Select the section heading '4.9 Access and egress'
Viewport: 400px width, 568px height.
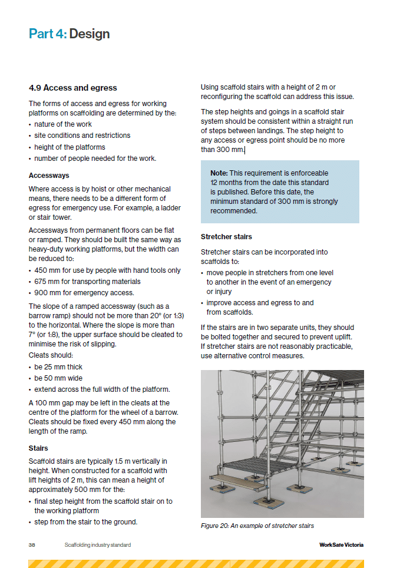point(73,88)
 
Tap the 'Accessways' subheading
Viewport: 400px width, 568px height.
point(49,175)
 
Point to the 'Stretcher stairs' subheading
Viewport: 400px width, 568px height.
point(226,236)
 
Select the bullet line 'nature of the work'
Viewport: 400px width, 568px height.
point(62,124)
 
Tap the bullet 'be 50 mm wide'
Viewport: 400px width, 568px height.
point(58,378)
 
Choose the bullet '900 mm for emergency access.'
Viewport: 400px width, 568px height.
point(84,293)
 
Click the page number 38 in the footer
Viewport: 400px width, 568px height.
point(32,545)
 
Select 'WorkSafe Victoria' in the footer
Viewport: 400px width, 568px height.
point(337,545)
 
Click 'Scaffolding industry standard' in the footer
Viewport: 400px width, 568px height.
point(97,545)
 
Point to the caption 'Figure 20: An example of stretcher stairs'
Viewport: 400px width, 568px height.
point(257,526)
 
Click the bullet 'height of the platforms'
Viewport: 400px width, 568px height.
point(70,147)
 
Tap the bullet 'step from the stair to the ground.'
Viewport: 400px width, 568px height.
point(85,522)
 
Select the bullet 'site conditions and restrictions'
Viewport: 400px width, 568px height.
point(82,136)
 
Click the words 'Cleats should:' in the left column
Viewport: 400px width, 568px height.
point(51,355)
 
